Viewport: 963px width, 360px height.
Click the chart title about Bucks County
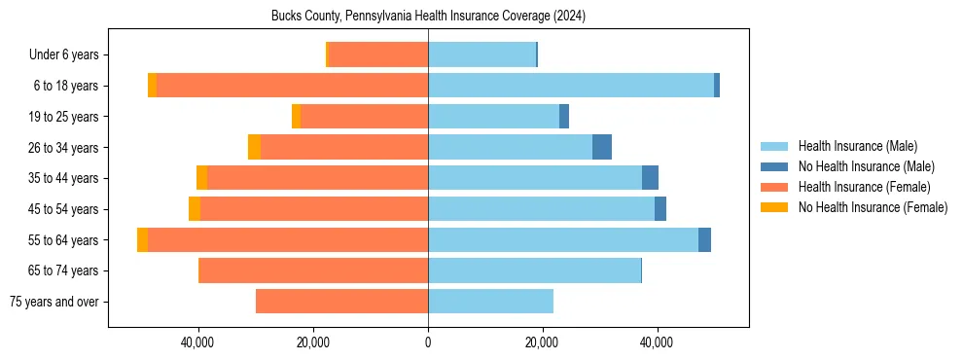(x=428, y=17)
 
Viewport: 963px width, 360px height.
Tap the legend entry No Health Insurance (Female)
(x=873, y=207)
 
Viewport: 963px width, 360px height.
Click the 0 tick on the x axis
(x=428, y=342)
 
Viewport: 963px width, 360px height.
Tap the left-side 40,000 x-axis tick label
(x=198, y=342)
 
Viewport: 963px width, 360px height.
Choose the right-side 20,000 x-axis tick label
(x=543, y=342)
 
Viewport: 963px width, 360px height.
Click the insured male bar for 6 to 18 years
(x=571, y=86)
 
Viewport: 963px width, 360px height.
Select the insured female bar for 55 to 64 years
(x=288, y=240)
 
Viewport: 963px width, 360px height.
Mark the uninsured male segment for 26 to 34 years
(x=602, y=147)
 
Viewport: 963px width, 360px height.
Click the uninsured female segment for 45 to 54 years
(x=195, y=209)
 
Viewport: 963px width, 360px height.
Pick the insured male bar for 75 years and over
(x=490, y=302)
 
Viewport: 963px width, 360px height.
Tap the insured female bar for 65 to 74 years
(x=313, y=270)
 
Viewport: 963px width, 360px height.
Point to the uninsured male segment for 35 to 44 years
(x=650, y=178)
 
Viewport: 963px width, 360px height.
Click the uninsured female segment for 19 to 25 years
(x=296, y=117)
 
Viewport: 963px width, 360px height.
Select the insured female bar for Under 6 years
(x=378, y=55)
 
